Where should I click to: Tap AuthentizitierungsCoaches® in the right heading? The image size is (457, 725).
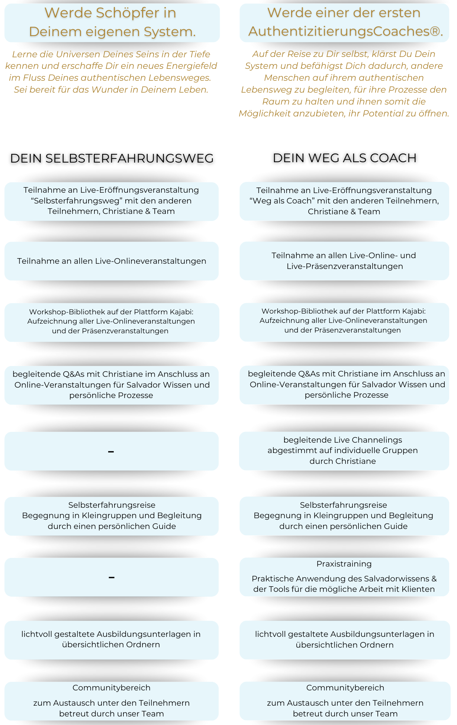(x=345, y=32)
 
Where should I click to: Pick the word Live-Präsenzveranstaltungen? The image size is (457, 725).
(x=345, y=266)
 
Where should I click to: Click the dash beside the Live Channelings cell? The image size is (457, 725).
(x=111, y=452)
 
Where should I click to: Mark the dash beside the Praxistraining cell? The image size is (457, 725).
(x=112, y=577)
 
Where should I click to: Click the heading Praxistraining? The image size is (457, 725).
(x=344, y=564)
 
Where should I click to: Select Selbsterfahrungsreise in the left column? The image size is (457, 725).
(x=112, y=505)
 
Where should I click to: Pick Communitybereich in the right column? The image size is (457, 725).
(x=345, y=688)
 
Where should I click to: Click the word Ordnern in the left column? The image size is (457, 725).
(x=141, y=645)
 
